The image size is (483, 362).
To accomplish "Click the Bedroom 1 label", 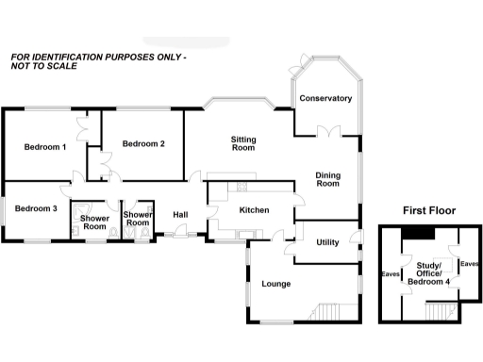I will (x=44, y=147).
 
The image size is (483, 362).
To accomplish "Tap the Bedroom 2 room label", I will (x=143, y=143).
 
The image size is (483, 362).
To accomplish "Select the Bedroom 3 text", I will (x=36, y=208).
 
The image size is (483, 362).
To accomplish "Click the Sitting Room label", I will (x=243, y=143).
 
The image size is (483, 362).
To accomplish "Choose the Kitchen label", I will (x=255, y=209).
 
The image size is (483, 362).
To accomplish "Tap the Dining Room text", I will (x=327, y=179).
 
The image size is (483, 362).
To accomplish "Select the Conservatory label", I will (x=325, y=99).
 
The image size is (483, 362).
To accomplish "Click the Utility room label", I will (x=327, y=242).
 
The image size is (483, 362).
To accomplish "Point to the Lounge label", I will (x=275, y=284).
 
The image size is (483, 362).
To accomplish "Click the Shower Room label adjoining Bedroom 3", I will (x=94, y=221).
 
